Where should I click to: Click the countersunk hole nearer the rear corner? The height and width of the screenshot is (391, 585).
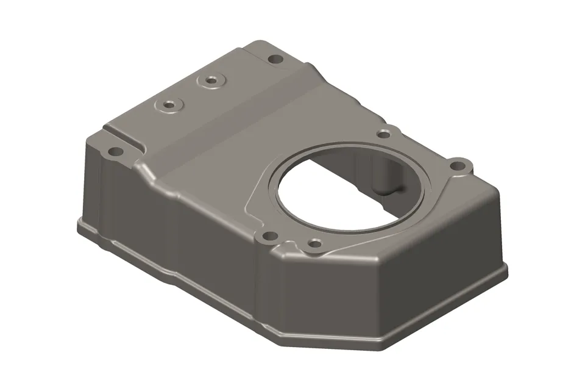(211, 81)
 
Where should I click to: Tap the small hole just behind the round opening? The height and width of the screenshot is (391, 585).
(385, 132)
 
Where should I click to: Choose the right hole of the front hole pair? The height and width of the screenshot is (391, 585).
(314, 244)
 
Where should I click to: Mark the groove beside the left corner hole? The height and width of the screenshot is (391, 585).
(125, 137)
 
